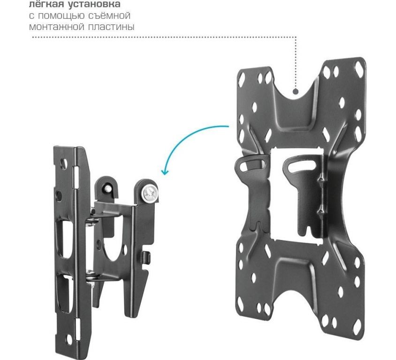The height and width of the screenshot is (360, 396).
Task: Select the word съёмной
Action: click(x=110, y=15)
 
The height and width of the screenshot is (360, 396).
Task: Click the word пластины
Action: click(x=111, y=27)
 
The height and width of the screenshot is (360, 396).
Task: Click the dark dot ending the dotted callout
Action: click(x=295, y=91)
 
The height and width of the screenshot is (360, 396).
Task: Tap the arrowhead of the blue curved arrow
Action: click(x=165, y=172)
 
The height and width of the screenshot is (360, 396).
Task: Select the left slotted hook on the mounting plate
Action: click(x=252, y=165)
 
